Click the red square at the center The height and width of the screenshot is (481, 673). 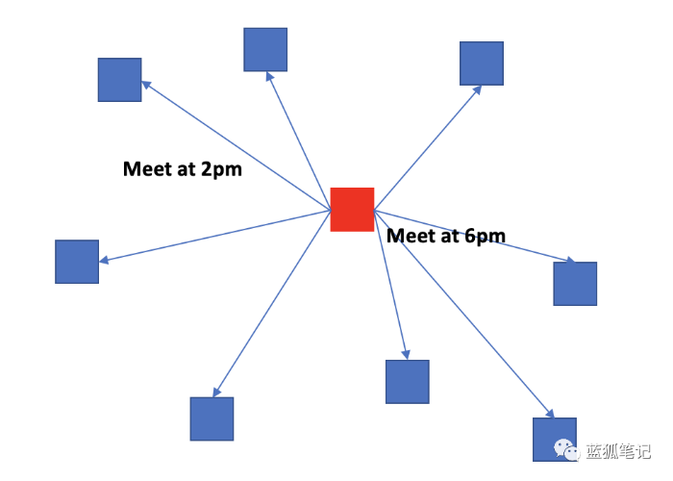352,210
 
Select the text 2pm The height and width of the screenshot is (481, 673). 221,170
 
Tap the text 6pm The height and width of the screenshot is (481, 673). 485,237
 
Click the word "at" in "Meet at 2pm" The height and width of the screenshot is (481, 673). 187,169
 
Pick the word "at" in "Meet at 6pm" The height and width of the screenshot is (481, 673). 450,237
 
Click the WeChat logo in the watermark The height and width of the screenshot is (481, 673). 566,450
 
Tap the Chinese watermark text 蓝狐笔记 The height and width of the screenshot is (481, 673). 618,451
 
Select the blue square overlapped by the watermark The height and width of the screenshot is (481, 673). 555,440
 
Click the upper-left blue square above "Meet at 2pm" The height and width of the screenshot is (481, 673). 120,80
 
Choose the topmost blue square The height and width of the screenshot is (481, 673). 265,49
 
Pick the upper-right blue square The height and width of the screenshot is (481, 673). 482,63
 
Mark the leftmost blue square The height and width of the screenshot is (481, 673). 77,262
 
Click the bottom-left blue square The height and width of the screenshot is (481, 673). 212,418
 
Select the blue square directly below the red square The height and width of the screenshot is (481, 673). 408,382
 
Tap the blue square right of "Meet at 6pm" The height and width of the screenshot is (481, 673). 575,284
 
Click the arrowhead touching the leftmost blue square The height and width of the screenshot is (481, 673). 104,260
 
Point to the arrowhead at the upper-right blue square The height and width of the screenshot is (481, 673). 477,90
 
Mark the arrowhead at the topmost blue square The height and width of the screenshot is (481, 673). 269,76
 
